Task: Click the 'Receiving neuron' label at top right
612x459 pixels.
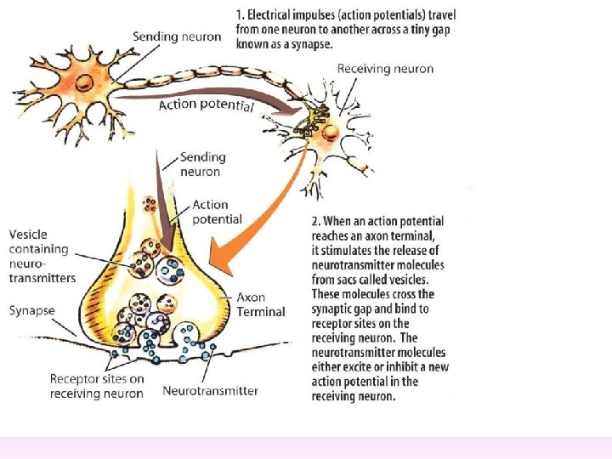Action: pyautogui.click(x=385, y=69)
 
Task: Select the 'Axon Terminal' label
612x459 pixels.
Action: pyautogui.click(x=262, y=304)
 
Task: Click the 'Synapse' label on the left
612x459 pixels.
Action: pyautogui.click(x=32, y=311)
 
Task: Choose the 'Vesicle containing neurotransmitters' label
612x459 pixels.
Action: pyautogui.click(x=42, y=256)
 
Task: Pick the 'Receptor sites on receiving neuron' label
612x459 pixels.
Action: pyautogui.click(x=96, y=386)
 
